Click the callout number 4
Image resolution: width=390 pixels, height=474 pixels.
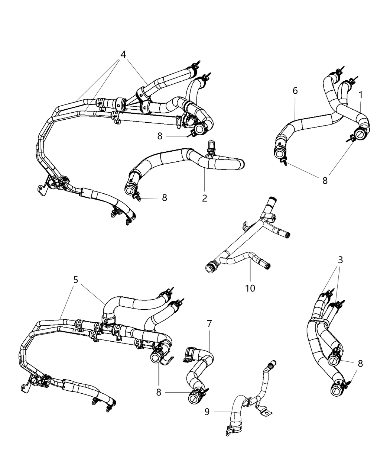[123, 54]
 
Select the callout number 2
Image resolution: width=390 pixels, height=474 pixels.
[205, 198]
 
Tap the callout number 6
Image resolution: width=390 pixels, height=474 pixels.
[295, 90]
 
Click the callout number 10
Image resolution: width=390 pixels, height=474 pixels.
[250, 288]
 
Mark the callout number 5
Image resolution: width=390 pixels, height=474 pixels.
[76, 279]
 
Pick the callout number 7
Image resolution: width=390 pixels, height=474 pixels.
[209, 324]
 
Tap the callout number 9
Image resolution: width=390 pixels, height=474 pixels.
[207, 412]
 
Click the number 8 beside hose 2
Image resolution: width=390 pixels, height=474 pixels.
[164, 197]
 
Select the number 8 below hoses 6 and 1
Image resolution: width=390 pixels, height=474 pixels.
[325, 180]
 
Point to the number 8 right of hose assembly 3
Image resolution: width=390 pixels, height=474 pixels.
[360, 363]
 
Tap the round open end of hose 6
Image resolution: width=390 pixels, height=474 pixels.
[280, 152]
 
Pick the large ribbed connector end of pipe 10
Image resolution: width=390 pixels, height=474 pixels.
[211, 267]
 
